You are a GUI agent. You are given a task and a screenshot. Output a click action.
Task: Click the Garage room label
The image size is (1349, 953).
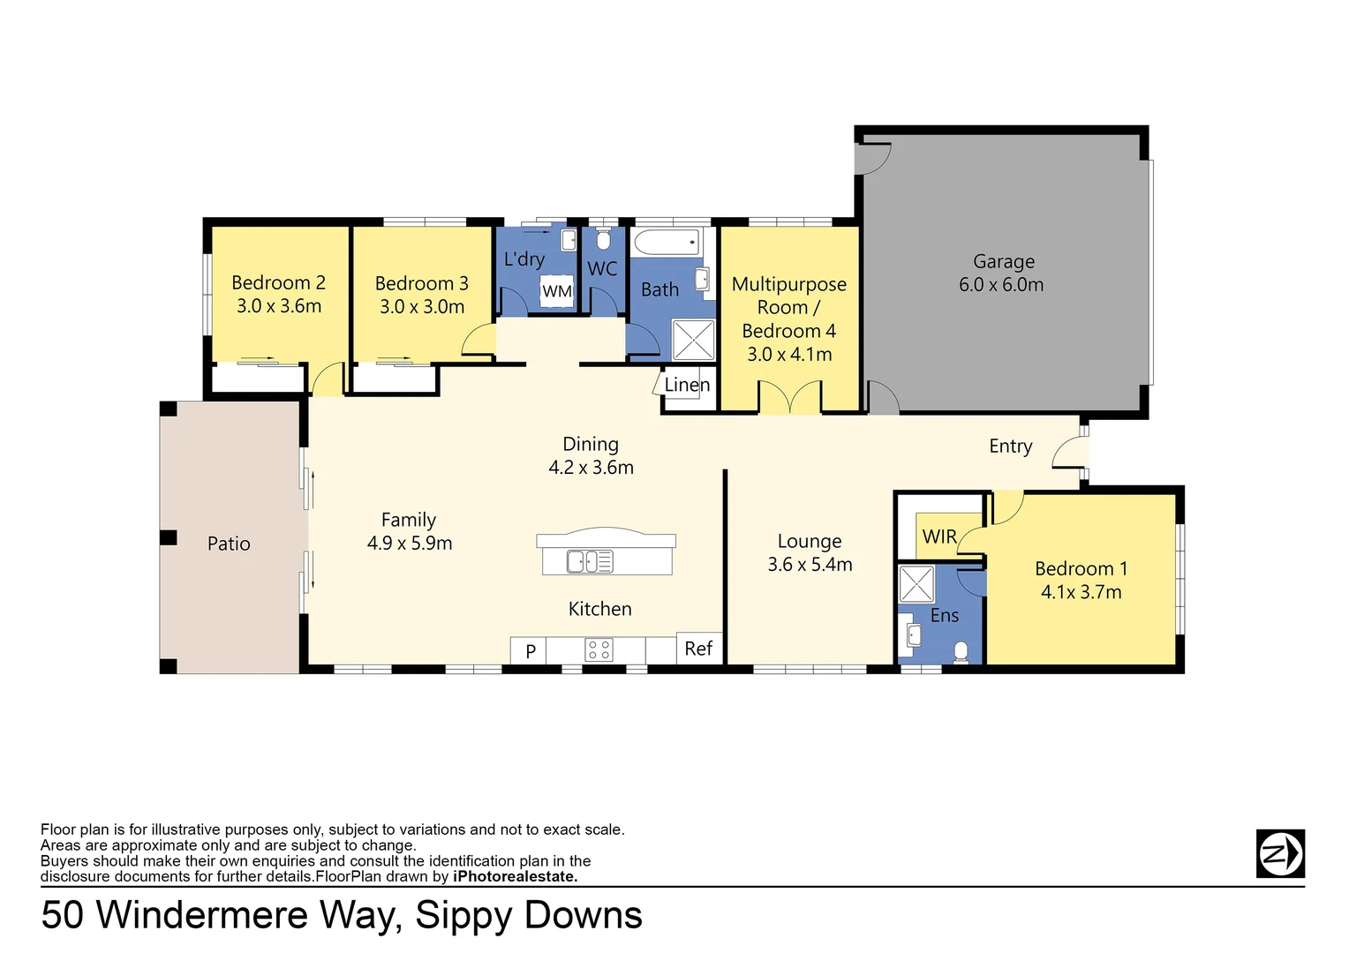tap(1003, 262)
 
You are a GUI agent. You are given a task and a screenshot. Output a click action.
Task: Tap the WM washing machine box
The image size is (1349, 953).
tap(557, 292)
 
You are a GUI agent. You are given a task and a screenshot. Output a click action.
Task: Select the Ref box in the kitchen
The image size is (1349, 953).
tap(698, 649)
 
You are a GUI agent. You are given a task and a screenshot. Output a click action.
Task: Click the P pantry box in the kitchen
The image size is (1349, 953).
tap(530, 651)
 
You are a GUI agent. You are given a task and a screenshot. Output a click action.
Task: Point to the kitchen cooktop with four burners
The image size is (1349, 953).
tap(599, 651)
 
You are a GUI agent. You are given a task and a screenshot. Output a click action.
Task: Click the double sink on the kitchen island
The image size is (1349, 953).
tap(590, 561)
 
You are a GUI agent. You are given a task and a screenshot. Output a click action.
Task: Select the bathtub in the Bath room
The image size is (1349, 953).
tap(667, 242)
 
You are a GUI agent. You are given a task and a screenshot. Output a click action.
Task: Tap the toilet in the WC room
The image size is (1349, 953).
tap(603, 239)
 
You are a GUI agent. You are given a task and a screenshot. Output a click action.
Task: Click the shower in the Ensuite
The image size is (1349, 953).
tap(916, 584)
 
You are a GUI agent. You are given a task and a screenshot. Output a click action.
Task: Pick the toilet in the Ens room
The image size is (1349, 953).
tap(961, 652)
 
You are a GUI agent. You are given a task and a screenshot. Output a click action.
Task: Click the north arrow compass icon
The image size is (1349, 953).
tap(1279, 853)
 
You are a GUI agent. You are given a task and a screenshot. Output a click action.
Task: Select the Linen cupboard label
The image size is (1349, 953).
tap(687, 385)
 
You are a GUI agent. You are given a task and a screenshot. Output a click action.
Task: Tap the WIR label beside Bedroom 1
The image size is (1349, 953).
tap(939, 537)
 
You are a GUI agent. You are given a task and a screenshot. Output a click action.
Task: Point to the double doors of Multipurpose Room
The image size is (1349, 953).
tap(790, 397)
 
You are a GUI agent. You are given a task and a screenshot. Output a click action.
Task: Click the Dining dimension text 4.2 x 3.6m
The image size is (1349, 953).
tap(591, 468)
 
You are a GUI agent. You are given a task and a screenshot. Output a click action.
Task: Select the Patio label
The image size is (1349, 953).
tap(229, 544)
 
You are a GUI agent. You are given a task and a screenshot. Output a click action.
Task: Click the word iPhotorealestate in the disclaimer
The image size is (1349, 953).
tap(515, 876)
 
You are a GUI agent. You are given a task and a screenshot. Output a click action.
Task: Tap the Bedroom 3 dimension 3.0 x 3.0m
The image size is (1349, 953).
tap(422, 307)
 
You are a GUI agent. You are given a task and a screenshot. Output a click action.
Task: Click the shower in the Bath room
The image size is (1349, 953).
tap(693, 340)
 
